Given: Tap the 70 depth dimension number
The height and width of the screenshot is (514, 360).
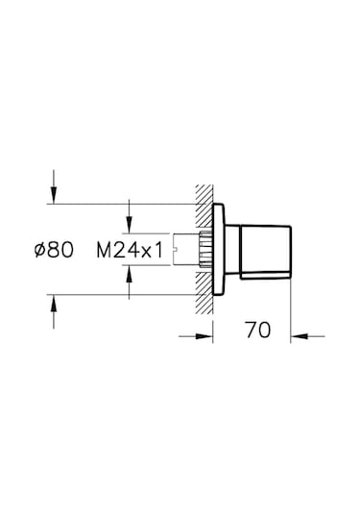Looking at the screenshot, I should tap(256, 330).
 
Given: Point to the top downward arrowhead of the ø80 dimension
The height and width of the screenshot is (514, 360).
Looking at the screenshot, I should tap(55, 196).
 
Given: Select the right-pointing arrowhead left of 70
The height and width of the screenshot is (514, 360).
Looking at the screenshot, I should tap(204, 335).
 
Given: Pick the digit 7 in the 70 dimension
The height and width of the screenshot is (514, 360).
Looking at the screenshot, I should tap(250, 330).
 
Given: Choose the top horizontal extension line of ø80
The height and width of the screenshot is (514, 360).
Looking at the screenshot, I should tap(125, 204).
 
